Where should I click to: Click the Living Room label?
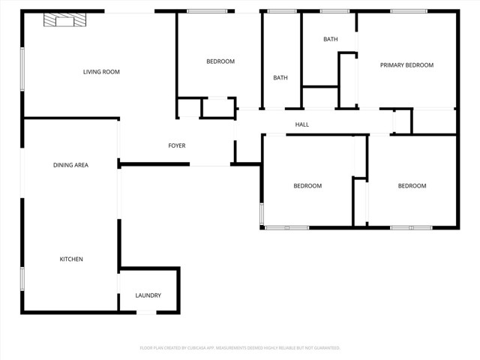101,72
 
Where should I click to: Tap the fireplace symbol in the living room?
63,21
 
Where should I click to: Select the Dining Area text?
70,165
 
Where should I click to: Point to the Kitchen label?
71,259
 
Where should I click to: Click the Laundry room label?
148,295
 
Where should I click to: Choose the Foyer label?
176,145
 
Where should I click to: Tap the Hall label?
301,124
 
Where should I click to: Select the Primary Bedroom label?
406,65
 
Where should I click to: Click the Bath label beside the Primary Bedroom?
330,39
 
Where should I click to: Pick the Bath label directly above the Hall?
280,78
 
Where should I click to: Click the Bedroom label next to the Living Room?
220,61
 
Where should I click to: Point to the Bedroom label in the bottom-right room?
412,186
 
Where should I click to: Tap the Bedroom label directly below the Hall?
307,186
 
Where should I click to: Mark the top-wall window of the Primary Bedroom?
409,11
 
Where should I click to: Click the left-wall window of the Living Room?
22,69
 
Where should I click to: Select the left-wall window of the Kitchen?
22,278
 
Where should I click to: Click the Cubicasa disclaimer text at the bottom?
240,348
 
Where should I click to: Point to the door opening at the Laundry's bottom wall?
146,312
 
